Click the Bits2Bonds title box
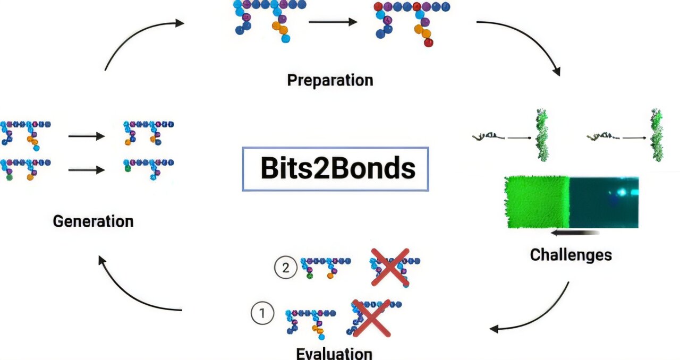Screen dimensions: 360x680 (335, 169)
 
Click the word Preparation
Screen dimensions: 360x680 (330, 80)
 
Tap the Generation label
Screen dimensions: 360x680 (93, 221)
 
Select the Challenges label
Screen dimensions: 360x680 (571, 255)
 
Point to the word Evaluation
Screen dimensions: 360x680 (334, 353)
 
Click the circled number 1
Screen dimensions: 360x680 (262, 313)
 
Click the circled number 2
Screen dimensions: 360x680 (285, 268)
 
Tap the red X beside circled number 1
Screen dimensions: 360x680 (371, 318)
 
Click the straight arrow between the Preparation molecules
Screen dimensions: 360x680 (333, 22)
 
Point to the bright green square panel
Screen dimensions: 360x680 (536, 202)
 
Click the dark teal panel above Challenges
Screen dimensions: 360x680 (604, 202)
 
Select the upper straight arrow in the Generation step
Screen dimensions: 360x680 (87, 136)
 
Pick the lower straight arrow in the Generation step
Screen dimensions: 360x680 (87, 170)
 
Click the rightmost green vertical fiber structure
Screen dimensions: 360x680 (657, 135)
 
